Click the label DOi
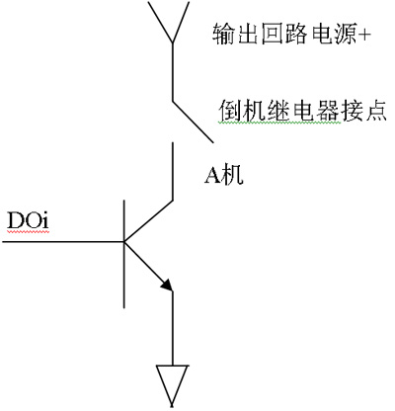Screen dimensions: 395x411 click(x=28, y=220)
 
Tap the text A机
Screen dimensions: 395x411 click(x=224, y=175)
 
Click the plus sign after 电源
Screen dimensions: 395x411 click(x=363, y=34)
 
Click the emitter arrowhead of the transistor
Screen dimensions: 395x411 click(x=167, y=286)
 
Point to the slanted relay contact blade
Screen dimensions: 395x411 click(x=194, y=122)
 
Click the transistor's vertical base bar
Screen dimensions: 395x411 click(x=124, y=254)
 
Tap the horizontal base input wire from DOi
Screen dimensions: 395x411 click(x=62, y=242)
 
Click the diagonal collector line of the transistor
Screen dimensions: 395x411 click(x=148, y=220)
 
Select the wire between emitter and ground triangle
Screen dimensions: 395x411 click(x=172, y=328)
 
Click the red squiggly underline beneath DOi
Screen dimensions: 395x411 click(x=28, y=232)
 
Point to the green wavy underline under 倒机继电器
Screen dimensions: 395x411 click(x=279, y=123)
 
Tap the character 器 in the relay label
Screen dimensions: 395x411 click(x=327, y=110)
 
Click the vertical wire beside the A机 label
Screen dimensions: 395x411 click(x=172, y=171)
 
